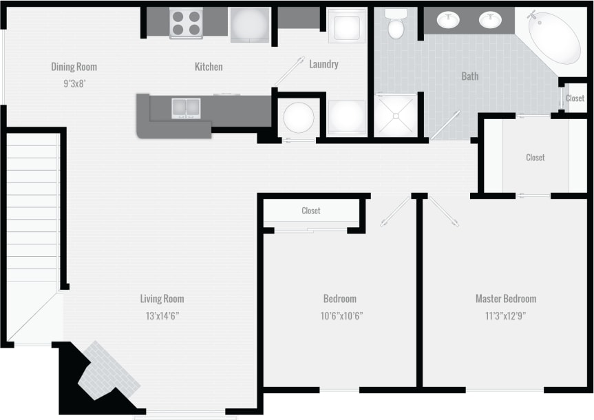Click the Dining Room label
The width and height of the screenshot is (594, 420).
coord(74,67)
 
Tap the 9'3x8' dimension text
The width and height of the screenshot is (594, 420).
coord(74,83)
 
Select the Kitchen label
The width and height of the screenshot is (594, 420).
coord(209,67)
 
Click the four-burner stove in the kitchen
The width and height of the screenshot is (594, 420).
coord(187,23)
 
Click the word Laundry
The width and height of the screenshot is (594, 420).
coord(323,64)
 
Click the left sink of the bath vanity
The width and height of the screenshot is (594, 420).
coord(449,20)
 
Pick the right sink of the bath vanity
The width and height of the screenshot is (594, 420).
coord(490,20)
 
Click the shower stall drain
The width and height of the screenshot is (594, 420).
coord(396,116)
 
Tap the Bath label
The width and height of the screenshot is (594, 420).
coord(470,76)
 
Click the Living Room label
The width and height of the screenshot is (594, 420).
coord(162,299)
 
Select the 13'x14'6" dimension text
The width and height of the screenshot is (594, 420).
coord(162,316)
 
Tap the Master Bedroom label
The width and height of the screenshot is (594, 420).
coord(505,299)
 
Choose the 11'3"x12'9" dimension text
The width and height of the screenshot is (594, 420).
coord(505,316)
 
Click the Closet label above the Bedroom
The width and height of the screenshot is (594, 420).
coord(311,211)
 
